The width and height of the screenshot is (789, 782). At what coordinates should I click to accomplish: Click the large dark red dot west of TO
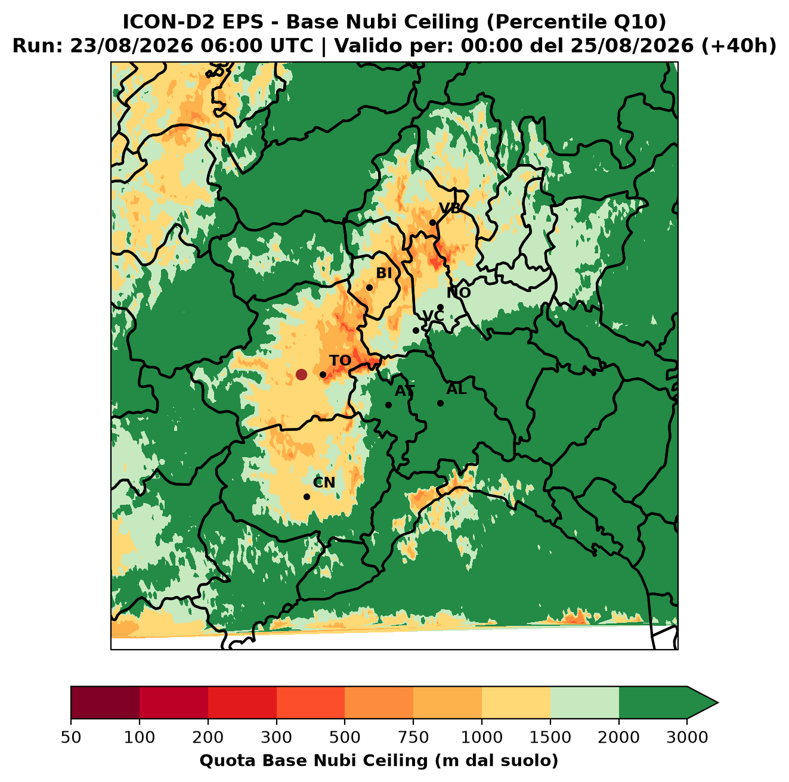click(301, 374)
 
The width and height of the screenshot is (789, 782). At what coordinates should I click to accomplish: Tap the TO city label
click(340, 361)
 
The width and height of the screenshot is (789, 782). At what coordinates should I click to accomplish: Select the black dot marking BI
click(369, 288)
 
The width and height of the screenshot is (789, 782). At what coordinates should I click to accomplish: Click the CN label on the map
click(324, 482)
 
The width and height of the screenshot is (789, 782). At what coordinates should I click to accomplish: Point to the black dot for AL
click(440, 403)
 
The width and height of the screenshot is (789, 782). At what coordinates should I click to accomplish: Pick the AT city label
click(404, 391)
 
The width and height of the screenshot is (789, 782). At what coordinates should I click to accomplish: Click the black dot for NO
click(440, 307)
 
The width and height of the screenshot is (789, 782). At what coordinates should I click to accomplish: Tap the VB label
click(450, 208)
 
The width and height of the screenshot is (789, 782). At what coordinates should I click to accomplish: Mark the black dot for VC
click(416, 330)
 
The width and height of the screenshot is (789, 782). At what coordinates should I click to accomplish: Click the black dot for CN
click(307, 496)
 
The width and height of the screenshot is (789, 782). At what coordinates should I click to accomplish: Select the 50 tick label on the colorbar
click(71, 737)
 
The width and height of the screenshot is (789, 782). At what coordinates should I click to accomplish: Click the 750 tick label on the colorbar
click(413, 737)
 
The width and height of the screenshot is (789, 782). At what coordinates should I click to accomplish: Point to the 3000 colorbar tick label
click(687, 737)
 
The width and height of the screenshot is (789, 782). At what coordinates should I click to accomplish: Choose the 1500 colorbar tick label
click(550, 737)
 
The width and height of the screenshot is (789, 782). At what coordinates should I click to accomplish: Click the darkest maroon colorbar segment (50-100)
click(105, 703)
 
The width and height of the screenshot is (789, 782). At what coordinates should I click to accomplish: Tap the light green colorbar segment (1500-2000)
click(584, 703)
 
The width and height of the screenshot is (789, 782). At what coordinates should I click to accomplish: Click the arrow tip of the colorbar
click(718, 703)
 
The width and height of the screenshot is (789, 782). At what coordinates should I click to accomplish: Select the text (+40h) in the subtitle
click(739, 46)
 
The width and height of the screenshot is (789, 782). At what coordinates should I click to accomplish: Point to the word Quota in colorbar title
click(224, 761)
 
